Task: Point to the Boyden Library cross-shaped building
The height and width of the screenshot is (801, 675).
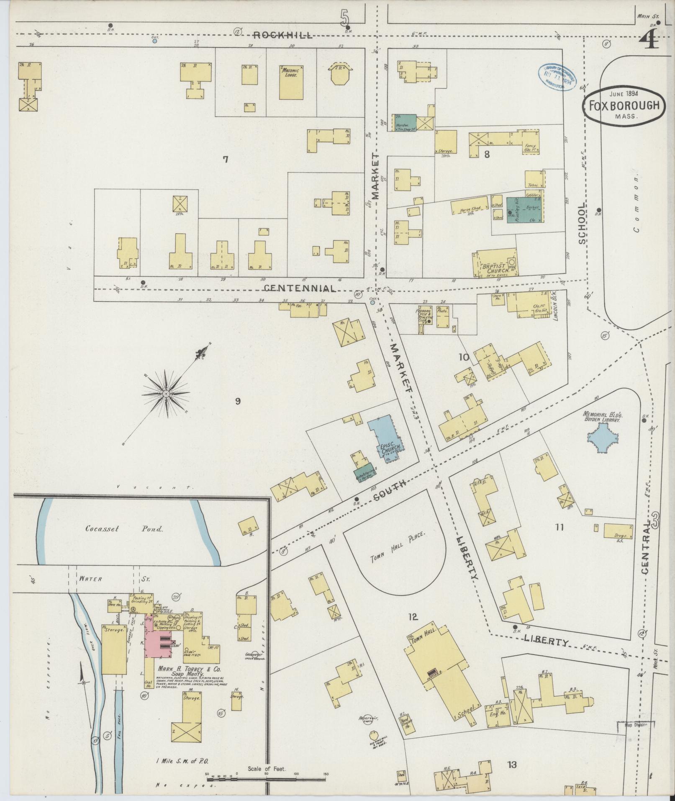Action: (603, 438)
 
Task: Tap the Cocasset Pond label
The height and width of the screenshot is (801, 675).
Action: (124, 529)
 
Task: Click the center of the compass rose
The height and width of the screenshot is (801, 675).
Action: (166, 394)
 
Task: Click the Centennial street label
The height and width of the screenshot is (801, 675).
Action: (300, 288)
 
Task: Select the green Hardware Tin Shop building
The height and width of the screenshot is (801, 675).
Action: (404, 123)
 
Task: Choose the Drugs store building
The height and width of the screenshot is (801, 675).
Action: (618, 531)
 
